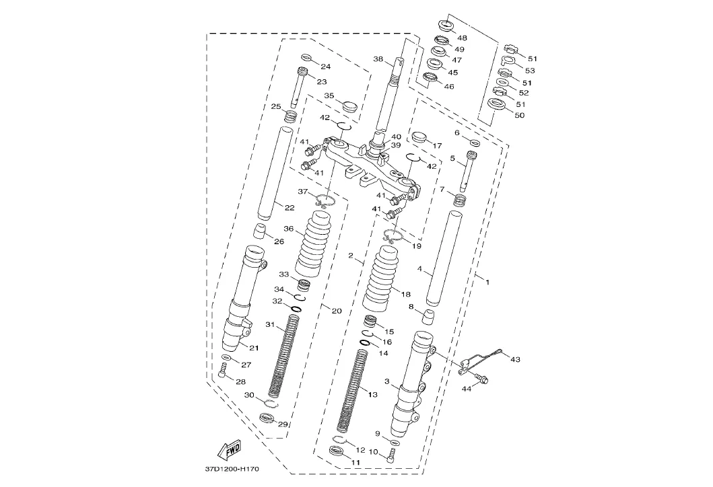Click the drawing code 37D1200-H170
(232, 469)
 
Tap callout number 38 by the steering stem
(378, 59)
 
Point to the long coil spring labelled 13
(353, 391)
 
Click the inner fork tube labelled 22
(274, 174)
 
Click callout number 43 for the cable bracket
(515, 360)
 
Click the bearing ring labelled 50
(497, 104)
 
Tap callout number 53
(530, 71)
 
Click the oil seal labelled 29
(266, 418)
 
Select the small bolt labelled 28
(223, 370)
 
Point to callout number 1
(487, 283)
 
